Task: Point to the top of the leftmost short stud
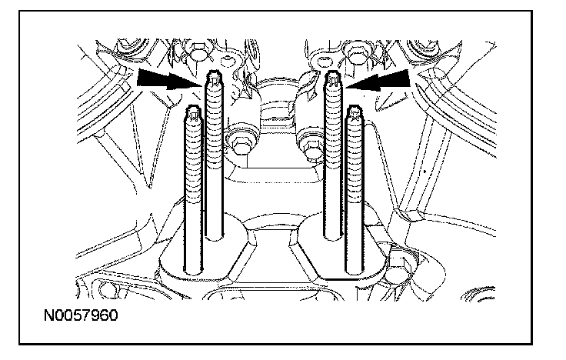point(193,113)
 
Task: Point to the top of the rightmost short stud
point(356,113)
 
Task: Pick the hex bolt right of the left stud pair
point(238,141)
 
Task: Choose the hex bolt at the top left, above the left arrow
point(196,55)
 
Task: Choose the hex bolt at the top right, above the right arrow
point(355,55)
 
